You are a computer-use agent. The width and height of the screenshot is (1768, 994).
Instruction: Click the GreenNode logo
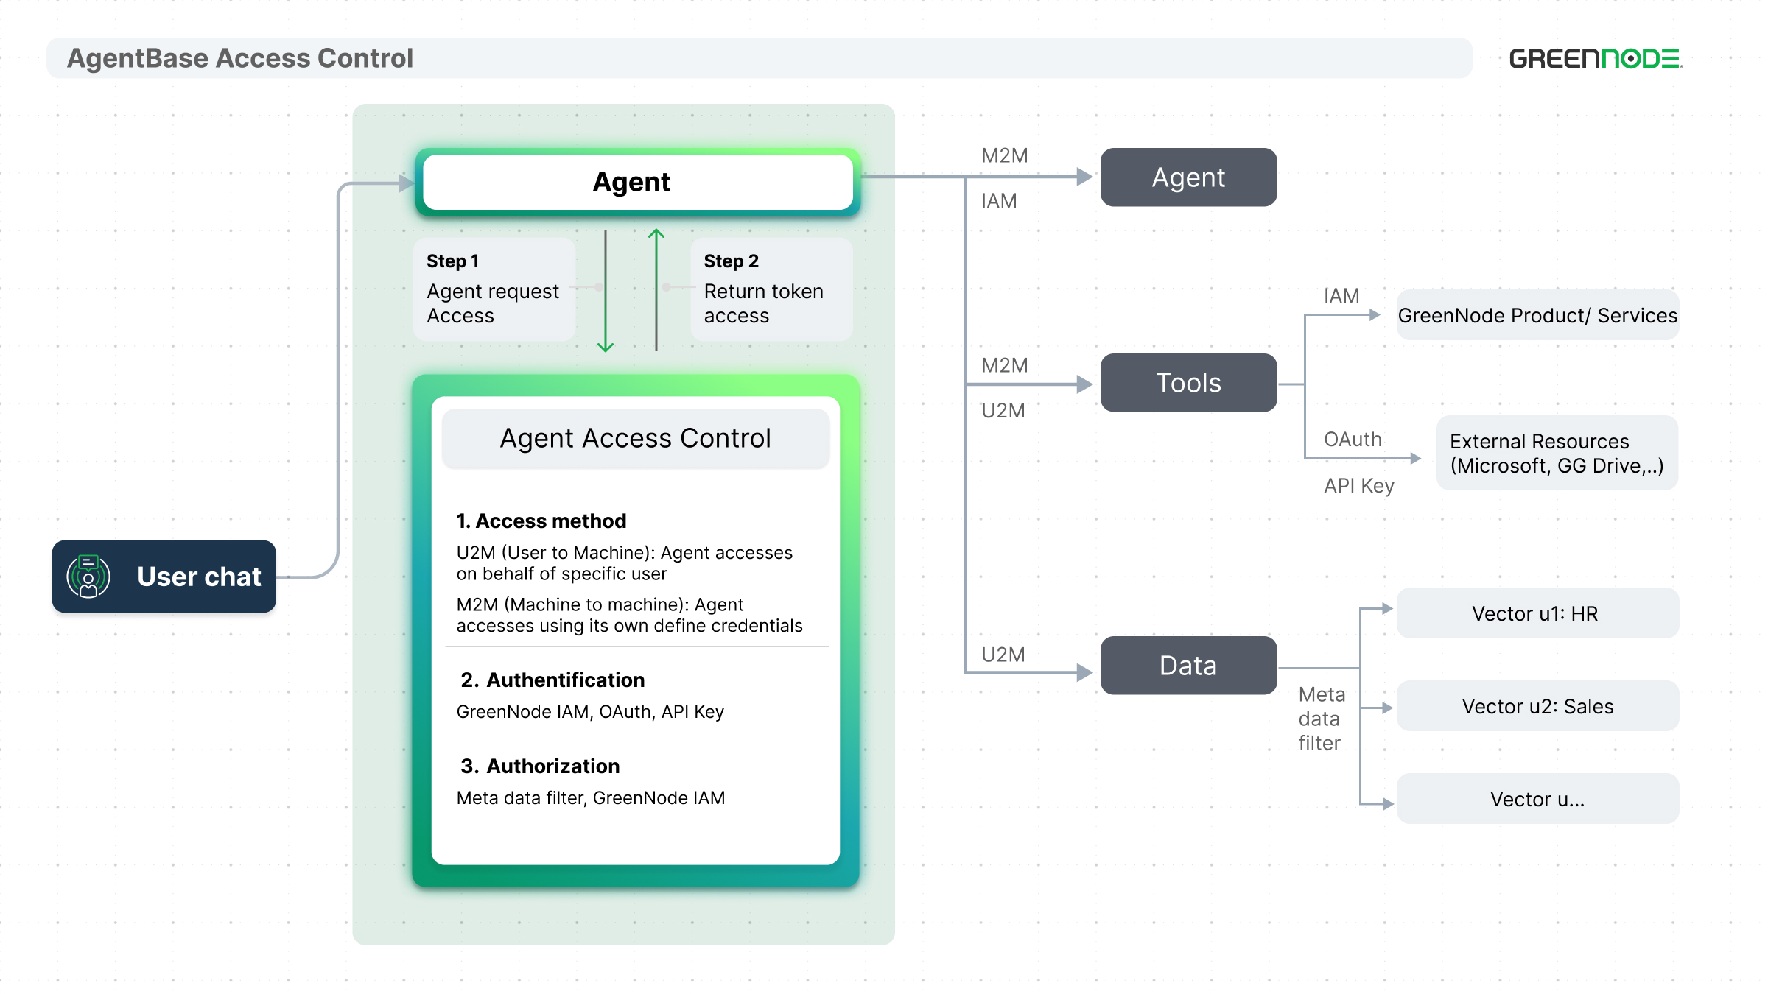1596,59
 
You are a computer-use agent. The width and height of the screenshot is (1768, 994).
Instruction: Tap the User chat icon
88,577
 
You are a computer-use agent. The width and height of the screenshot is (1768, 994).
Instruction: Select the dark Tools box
1188,383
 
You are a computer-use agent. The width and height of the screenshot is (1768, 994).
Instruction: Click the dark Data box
1188,666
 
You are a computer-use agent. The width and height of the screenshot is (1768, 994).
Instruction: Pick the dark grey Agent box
1188,177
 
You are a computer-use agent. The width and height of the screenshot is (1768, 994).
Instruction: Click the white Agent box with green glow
638,182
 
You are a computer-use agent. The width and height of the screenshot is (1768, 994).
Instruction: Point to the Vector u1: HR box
1537,613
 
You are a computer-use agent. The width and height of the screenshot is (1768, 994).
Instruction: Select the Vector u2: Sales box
1537,706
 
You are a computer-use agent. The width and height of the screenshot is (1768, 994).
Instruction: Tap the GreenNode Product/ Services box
1537,315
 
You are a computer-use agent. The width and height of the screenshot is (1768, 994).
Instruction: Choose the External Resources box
1557,453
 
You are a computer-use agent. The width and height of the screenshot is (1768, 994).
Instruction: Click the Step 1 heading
452,261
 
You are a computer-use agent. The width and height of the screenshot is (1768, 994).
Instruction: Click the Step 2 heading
731,261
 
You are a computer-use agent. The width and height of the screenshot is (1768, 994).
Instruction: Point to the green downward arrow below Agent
606,291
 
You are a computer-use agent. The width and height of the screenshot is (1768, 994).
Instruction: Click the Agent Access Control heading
636,438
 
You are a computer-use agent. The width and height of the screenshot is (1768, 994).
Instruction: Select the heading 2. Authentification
552,680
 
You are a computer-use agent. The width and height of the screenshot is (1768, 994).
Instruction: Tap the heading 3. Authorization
540,766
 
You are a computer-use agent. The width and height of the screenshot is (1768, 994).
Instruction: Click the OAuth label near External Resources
1353,440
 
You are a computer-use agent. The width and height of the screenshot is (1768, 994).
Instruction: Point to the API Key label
1359,486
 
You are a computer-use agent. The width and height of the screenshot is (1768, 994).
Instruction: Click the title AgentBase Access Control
240,58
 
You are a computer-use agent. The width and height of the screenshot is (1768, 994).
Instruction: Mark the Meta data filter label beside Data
1321,719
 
